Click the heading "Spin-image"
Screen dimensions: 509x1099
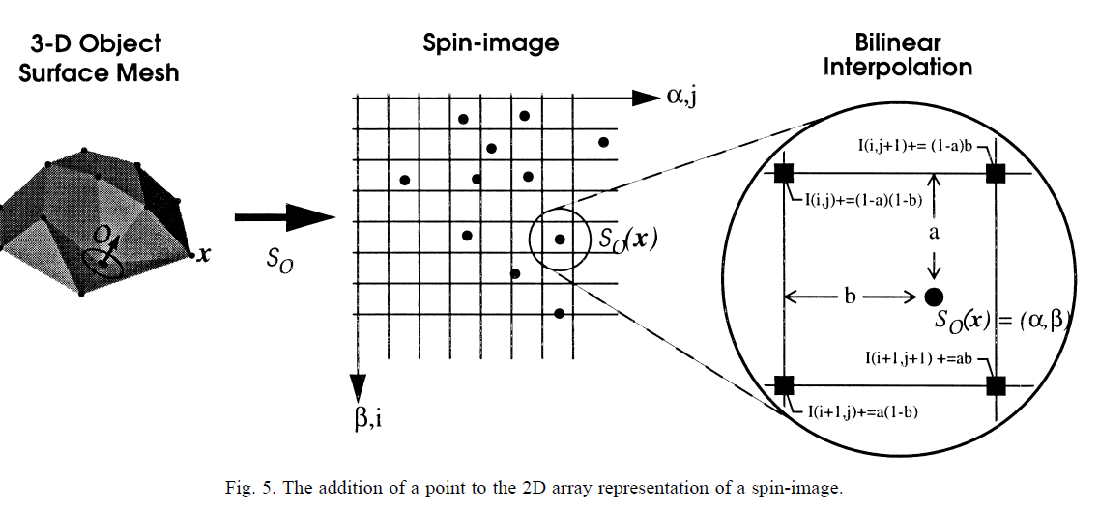(491, 43)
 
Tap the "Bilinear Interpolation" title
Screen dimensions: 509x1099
(899, 55)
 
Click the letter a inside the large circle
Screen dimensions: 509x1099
(934, 233)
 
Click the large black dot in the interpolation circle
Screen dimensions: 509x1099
(934, 296)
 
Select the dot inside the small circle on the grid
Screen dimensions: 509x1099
(559, 238)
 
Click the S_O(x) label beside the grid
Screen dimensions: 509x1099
(626, 239)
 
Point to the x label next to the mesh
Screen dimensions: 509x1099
(204, 256)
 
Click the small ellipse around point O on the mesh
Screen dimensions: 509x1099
(101, 261)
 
